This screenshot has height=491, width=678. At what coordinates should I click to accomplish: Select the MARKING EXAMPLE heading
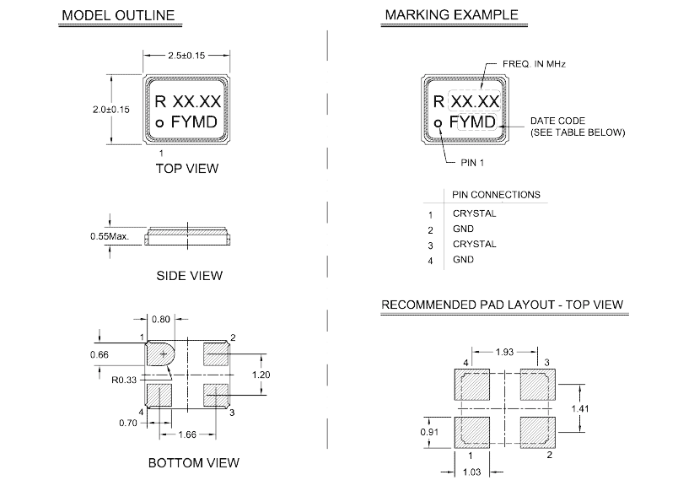pyautogui.click(x=451, y=16)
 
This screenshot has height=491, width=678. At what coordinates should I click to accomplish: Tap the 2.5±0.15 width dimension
pyautogui.click(x=186, y=57)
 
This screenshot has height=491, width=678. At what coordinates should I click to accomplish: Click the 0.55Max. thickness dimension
pyautogui.click(x=110, y=237)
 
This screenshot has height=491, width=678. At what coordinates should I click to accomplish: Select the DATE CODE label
pyautogui.click(x=557, y=121)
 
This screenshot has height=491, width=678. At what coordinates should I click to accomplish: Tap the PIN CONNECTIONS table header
pyautogui.click(x=496, y=195)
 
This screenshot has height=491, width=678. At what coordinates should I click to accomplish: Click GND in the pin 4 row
pyautogui.click(x=463, y=260)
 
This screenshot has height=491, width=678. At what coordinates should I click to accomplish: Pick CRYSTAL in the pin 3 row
pyautogui.click(x=474, y=244)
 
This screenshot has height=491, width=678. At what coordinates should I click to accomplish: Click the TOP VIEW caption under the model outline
pyautogui.click(x=187, y=168)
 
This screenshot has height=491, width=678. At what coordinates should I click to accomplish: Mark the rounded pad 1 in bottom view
pyautogui.click(x=159, y=353)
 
